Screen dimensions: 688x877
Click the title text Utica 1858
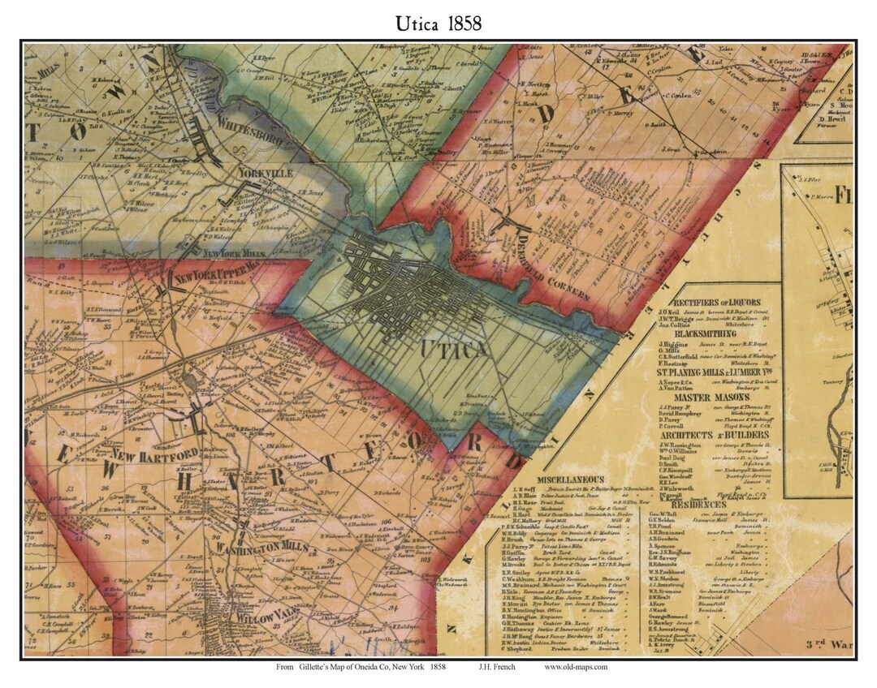(438, 23)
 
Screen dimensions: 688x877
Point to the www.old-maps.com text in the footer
(576, 667)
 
